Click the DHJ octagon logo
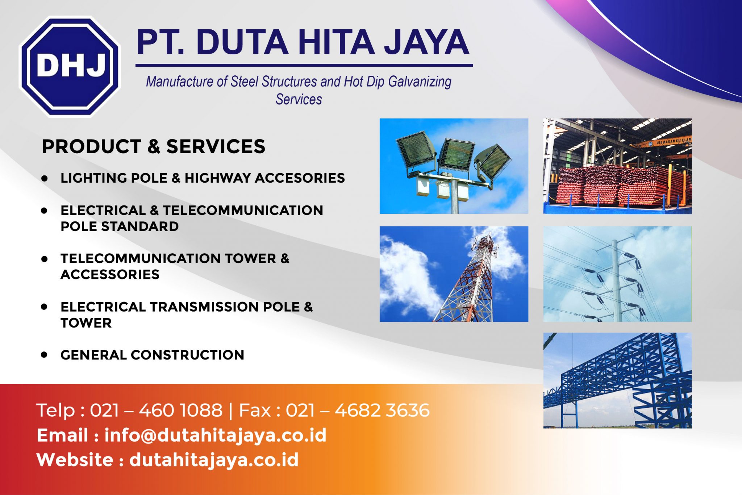tap(70, 67)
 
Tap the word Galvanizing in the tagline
tap(420, 82)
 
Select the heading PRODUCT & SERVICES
tap(154, 146)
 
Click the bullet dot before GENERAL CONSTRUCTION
tap(44, 354)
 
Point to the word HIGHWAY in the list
tap(218, 178)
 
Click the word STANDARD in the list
tap(140, 226)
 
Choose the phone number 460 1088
tap(181, 410)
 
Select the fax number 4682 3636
tap(382, 410)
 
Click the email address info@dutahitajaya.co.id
tap(216, 435)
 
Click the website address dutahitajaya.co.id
tap(214, 460)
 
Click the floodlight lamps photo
tap(454, 166)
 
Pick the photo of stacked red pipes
tap(617, 166)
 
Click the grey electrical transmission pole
tap(617, 281)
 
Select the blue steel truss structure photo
tap(617, 380)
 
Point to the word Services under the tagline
tap(299, 99)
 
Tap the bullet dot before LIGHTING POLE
tap(44, 178)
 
